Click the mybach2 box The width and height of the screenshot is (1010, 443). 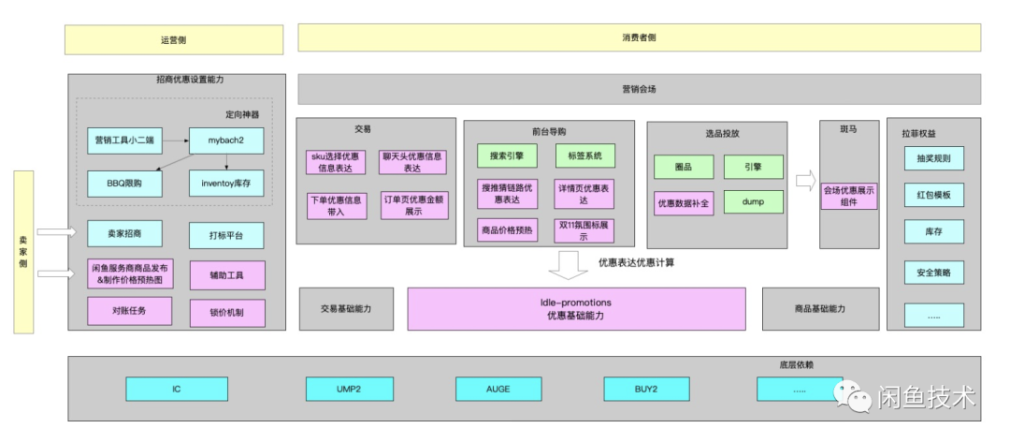point(226,140)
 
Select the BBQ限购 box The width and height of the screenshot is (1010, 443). point(124,184)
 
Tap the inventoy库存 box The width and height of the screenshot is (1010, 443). point(226,184)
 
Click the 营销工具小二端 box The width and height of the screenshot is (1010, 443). point(124,140)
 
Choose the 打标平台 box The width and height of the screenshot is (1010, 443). point(226,234)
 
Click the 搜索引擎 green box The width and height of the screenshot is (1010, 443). point(506,155)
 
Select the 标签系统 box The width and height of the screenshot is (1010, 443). point(584,155)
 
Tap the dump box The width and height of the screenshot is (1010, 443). point(753,202)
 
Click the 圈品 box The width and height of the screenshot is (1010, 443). point(684,167)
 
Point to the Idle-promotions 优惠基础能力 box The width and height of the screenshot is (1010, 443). point(576,309)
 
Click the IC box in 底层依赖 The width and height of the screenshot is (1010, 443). point(176,388)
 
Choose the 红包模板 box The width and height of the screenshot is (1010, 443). point(933,196)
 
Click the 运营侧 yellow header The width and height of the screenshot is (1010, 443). point(174,39)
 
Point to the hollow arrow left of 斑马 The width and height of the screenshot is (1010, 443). point(805,180)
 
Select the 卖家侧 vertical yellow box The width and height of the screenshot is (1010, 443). point(24,252)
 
